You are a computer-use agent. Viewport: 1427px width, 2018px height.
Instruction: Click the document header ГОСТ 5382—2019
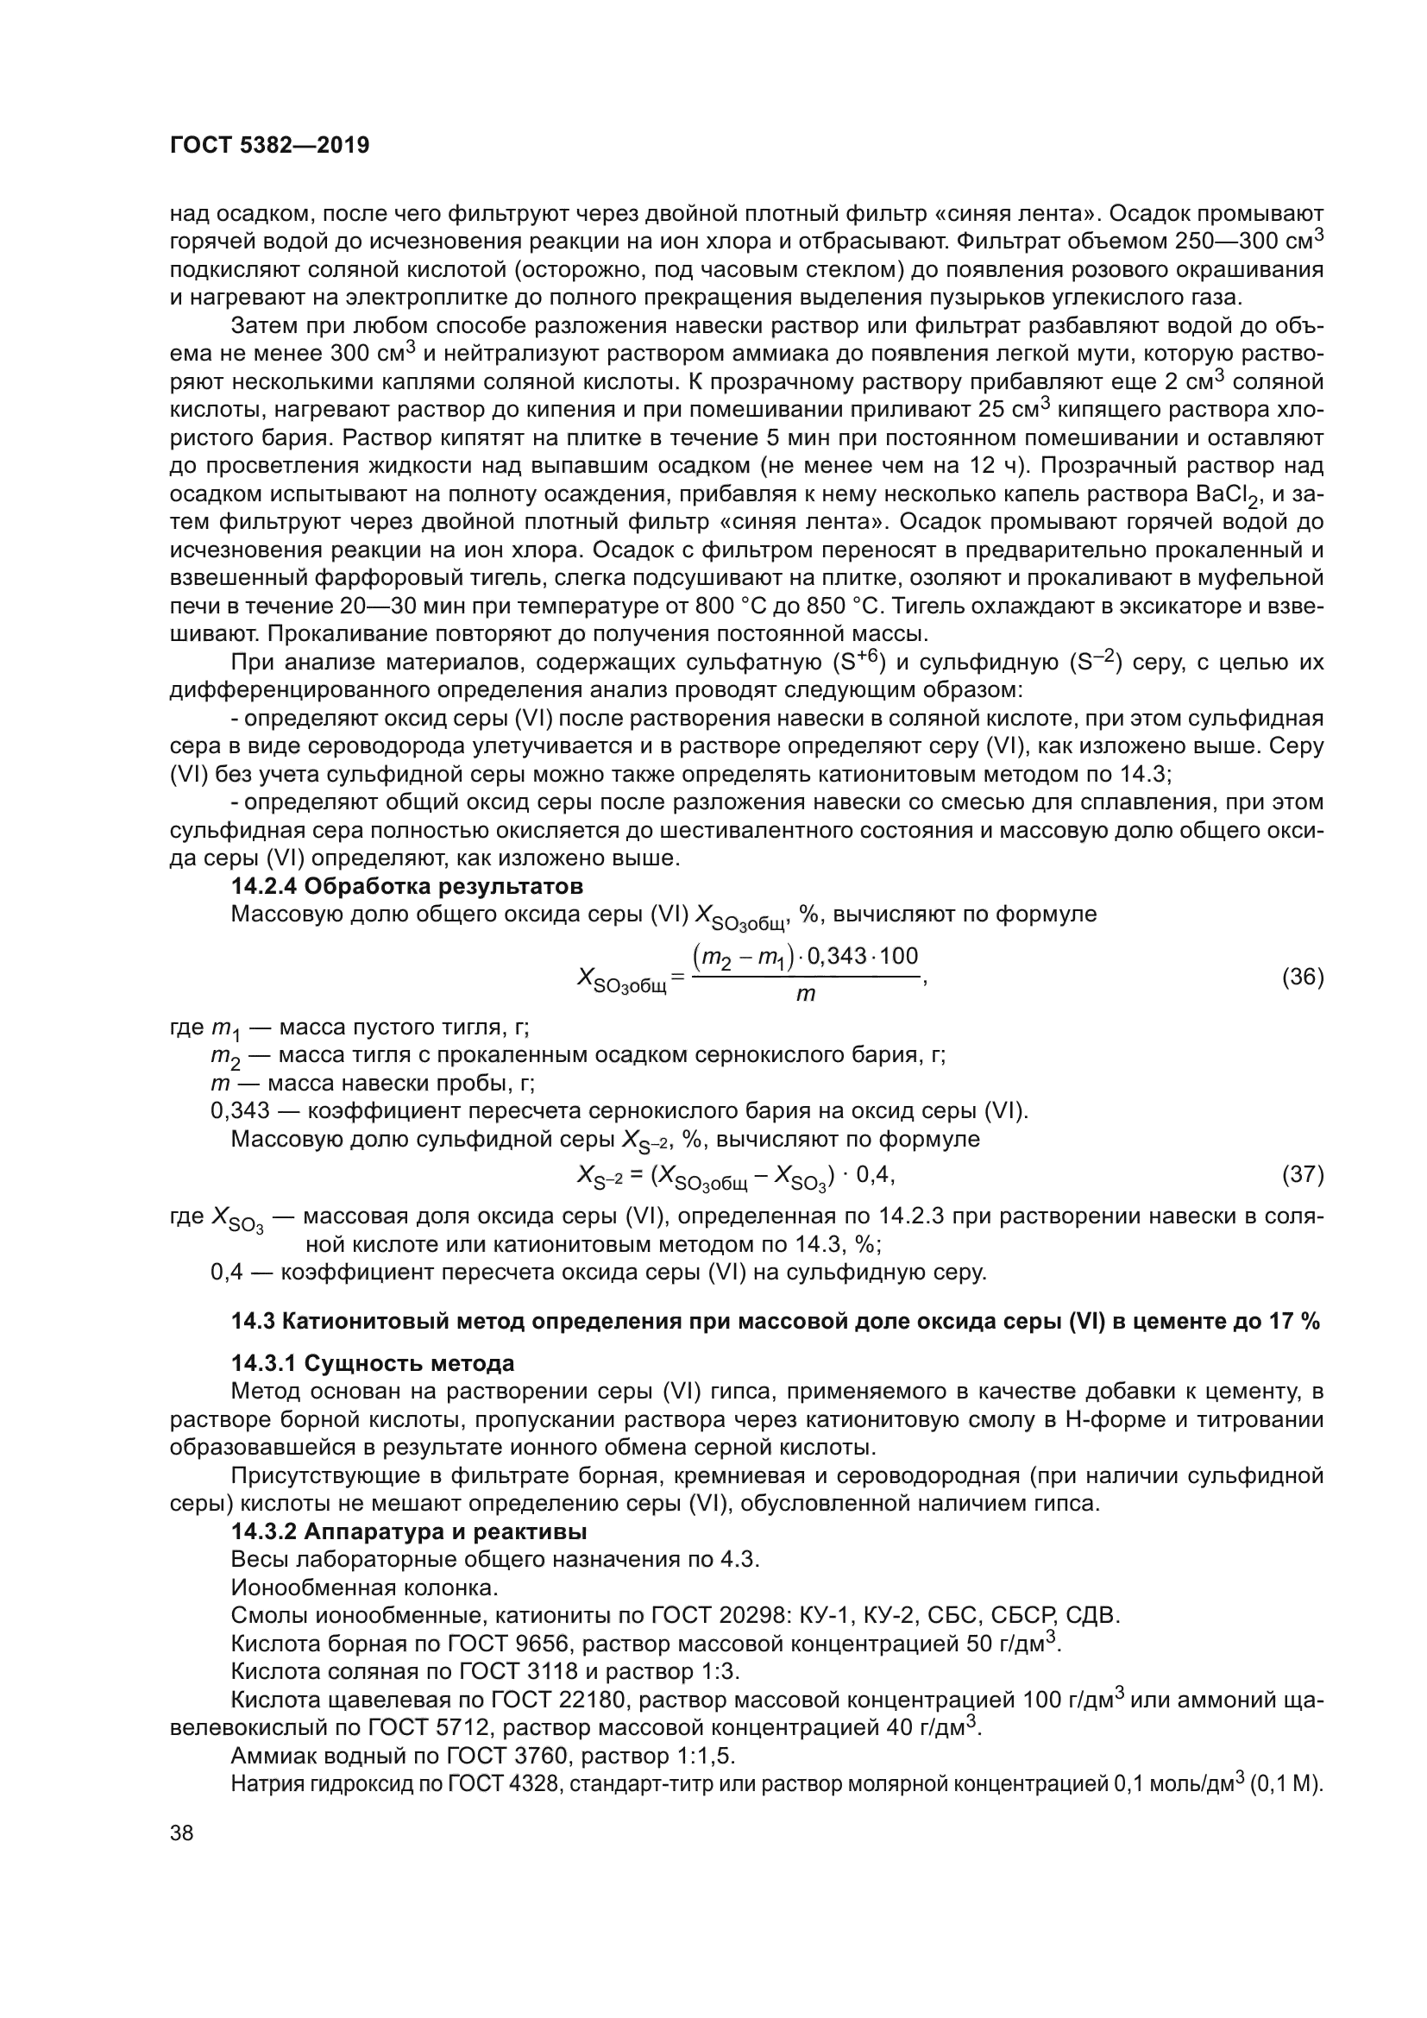point(269,146)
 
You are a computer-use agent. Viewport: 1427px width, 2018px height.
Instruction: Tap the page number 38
point(182,1833)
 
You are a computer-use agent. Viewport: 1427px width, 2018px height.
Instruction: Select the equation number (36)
point(1303,977)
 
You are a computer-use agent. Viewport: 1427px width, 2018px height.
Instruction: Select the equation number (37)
point(1303,1174)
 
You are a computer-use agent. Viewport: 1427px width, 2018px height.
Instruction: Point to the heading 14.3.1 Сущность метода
point(373,1363)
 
